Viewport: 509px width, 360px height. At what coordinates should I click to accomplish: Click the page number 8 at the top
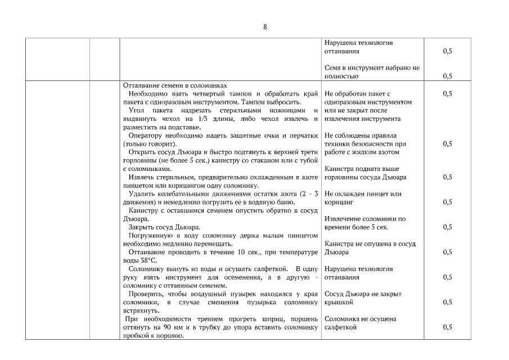tap(264, 27)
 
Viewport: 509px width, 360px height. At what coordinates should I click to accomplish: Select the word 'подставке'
tap(168, 127)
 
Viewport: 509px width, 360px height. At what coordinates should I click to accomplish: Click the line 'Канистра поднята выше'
tap(362, 169)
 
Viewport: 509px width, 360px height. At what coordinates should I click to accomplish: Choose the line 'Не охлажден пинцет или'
tap(363, 194)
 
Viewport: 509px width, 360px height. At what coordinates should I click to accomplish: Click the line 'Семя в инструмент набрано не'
tap(372, 67)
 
